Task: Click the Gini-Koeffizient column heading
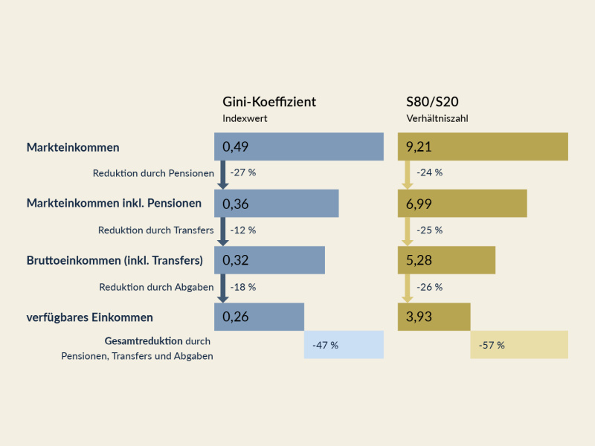tap(274, 103)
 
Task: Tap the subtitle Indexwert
tap(245, 118)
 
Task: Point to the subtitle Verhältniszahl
tap(437, 118)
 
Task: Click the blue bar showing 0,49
tap(299, 146)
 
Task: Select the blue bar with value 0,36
tap(277, 203)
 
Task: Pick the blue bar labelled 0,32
tap(270, 259)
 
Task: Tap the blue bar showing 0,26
tap(260, 317)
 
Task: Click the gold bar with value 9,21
tap(483, 146)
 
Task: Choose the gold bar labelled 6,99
tap(463, 203)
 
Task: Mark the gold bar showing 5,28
tap(447, 259)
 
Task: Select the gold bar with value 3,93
tap(434, 317)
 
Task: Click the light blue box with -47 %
tap(344, 345)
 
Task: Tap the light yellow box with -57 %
tap(519, 345)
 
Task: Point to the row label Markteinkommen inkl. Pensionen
tap(114, 203)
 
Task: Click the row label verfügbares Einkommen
tap(89, 317)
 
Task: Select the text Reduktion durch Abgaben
tap(156, 287)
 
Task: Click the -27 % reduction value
tap(243, 172)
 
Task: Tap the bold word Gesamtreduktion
tap(144, 341)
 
